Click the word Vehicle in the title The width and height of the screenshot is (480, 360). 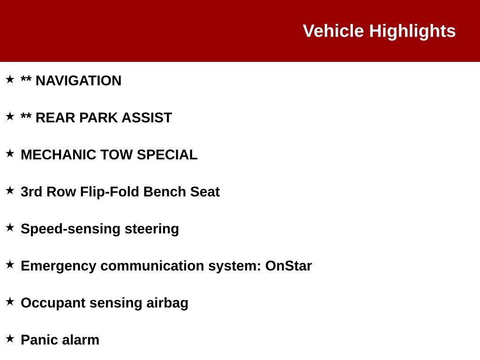point(333,31)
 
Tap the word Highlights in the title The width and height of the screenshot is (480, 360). point(412,31)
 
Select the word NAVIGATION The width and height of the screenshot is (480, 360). point(78,81)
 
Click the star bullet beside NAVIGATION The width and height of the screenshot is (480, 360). point(10,79)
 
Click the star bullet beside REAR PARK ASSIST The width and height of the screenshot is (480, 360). point(10,116)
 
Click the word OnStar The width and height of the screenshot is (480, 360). point(288,266)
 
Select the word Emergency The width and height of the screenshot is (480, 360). point(58,266)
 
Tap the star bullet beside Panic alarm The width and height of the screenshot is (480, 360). point(10,338)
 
